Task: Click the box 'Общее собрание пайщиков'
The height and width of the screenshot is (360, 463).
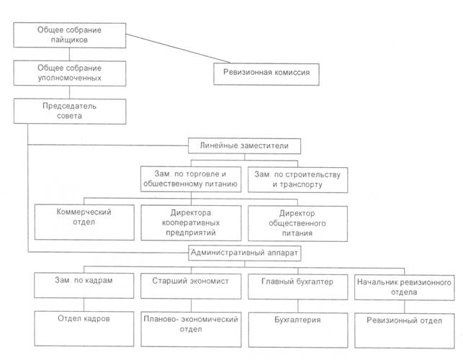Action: [x=71, y=36]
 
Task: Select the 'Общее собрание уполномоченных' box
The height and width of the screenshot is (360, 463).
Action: [x=71, y=72]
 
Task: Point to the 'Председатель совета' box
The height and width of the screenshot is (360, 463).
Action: [x=71, y=109]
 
